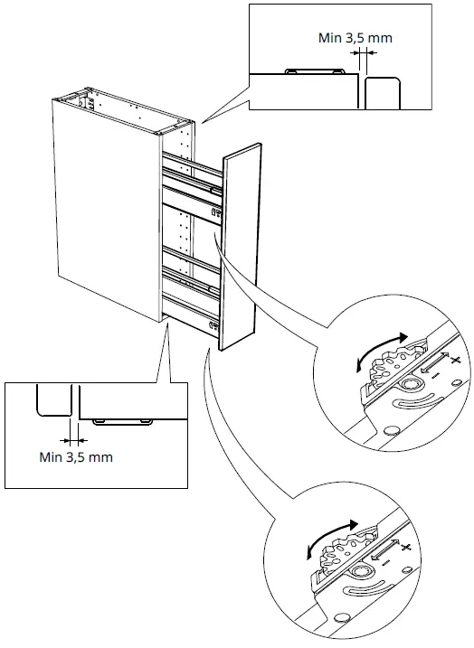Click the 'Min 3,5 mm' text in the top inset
(356, 38)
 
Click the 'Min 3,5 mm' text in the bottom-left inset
(76, 456)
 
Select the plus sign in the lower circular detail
(405, 549)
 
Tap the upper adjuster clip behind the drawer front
(216, 212)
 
